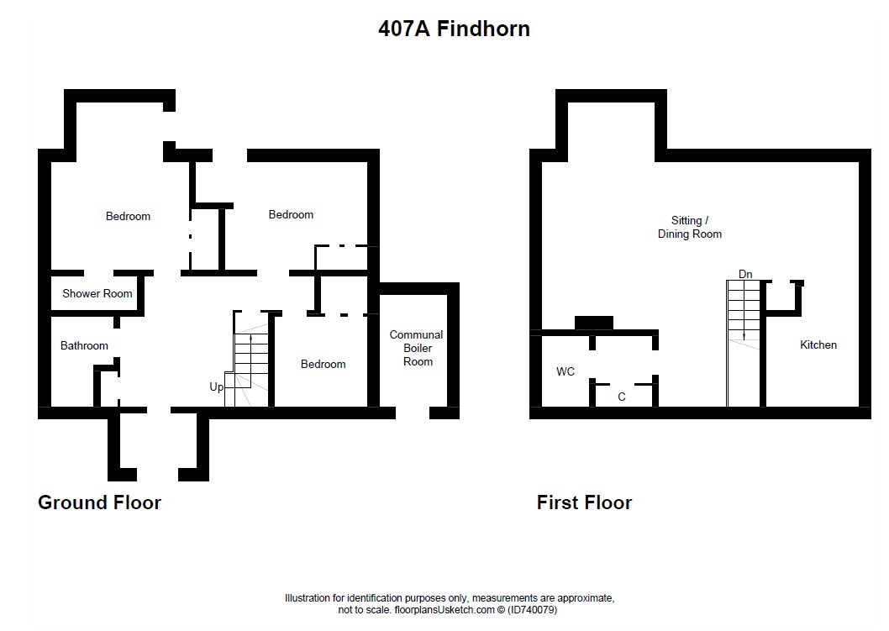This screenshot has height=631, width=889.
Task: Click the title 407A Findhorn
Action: click(454, 29)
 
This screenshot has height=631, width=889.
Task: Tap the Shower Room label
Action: click(97, 293)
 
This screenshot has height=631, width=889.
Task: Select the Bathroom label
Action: click(84, 345)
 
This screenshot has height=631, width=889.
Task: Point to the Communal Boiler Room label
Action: click(417, 348)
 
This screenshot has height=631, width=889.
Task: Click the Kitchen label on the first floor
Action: click(818, 344)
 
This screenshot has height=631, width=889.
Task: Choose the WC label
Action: click(565, 371)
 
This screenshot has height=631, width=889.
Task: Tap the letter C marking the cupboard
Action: click(622, 397)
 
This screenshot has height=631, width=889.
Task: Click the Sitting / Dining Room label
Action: click(689, 227)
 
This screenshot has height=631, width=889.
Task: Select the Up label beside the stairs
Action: click(217, 386)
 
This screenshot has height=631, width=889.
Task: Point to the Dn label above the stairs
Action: click(745, 274)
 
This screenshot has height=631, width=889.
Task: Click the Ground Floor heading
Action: click(99, 502)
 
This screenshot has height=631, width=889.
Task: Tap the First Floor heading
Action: click(584, 502)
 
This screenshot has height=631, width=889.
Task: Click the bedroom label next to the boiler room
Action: click(324, 364)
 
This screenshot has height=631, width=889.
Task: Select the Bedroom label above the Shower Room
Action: click(128, 216)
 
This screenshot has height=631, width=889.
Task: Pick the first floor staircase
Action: click(744, 343)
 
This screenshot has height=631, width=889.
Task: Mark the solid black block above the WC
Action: click(593, 323)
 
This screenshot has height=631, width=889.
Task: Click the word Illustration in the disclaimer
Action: click(308, 598)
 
